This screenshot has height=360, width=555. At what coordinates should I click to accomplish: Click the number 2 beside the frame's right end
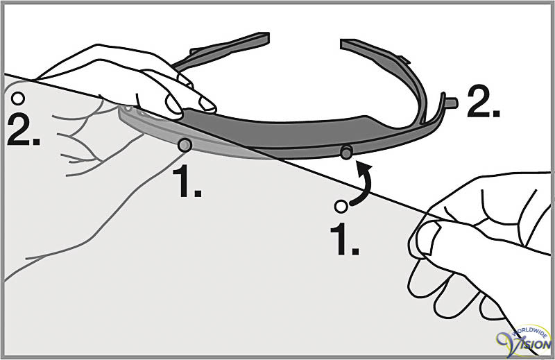483,101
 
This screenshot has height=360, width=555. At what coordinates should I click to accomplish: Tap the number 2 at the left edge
23,130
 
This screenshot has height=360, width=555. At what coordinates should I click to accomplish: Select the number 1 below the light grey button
187,182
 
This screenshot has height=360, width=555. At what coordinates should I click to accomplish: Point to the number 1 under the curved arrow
344,239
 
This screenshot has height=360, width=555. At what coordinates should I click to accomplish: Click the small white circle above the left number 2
18,98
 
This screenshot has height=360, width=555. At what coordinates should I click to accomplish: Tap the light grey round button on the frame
185,145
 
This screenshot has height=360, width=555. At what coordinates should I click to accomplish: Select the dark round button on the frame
346,152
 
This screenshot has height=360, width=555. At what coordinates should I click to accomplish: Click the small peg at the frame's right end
451,103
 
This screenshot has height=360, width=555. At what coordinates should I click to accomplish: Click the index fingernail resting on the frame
207,105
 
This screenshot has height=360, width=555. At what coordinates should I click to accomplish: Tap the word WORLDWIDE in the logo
529,332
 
